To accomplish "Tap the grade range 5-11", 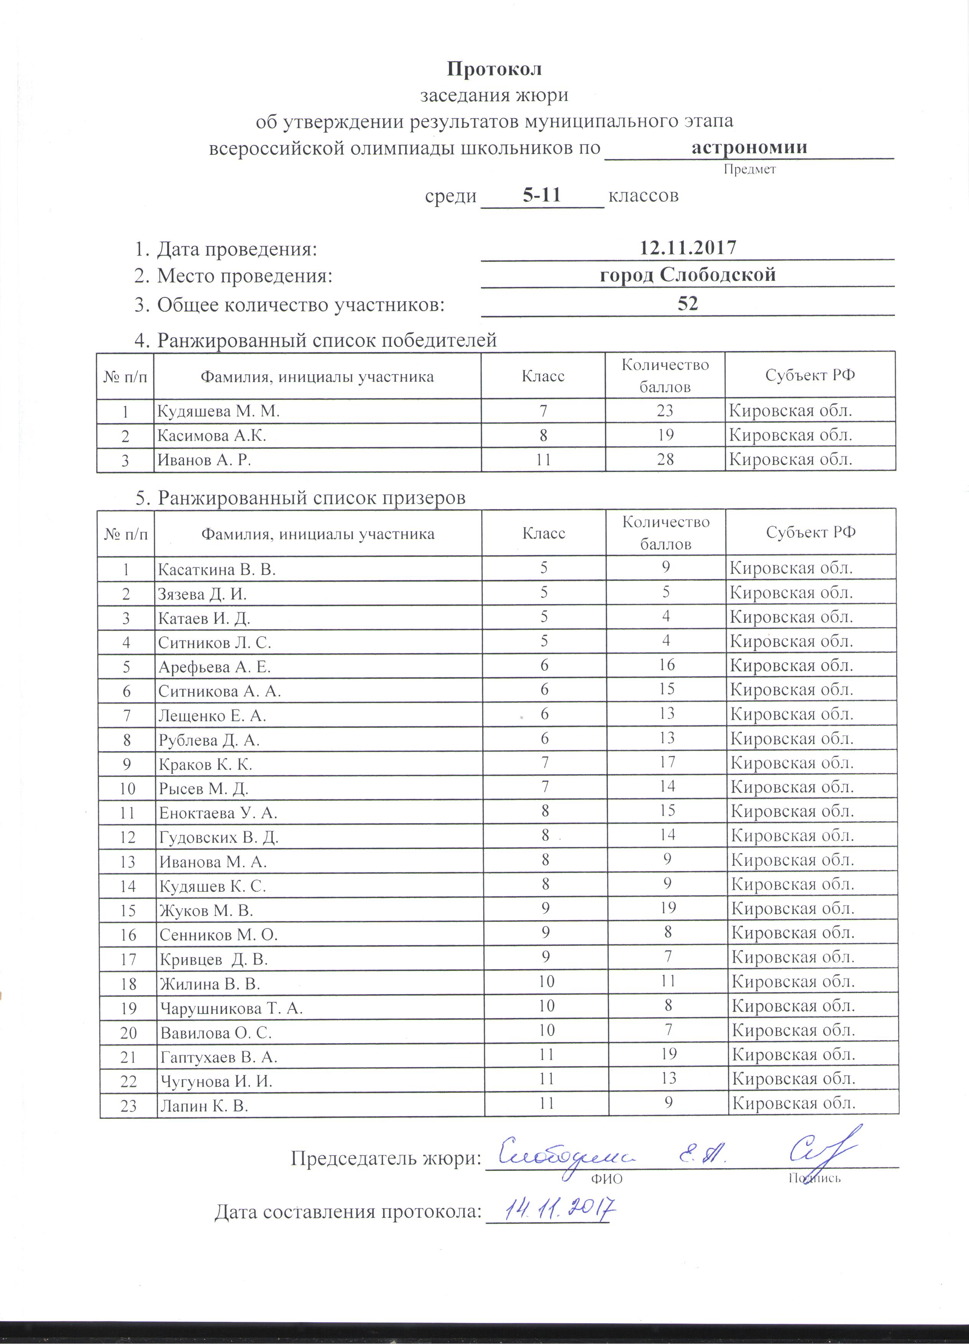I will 542,195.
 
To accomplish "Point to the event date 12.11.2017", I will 688,247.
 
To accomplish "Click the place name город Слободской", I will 688,275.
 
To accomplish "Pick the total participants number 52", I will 688,304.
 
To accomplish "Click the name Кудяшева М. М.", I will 217,411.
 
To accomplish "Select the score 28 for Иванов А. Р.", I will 665,459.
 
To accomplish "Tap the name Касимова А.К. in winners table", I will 212,436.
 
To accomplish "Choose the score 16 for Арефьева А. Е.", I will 667,665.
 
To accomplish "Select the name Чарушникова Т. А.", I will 231,1009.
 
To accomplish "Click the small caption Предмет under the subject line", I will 749,169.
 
